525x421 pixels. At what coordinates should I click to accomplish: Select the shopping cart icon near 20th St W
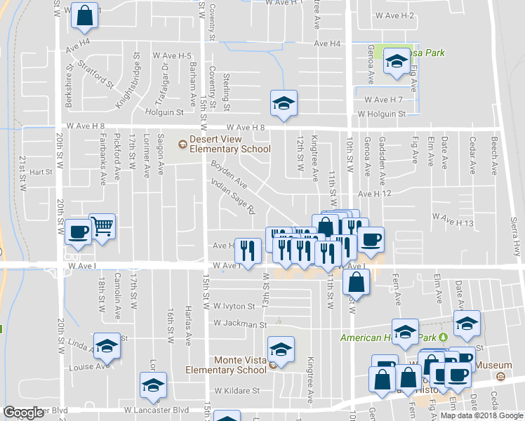coord(102,227)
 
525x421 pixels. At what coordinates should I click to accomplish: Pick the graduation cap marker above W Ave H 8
coord(284,104)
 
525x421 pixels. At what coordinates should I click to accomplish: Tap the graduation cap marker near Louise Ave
coord(107,346)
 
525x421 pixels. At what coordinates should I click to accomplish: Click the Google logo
coord(24,413)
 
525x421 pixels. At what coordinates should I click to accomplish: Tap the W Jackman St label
coord(241,325)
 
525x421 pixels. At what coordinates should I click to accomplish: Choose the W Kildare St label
coord(237,390)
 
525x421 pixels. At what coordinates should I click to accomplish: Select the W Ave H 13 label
coord(453,222)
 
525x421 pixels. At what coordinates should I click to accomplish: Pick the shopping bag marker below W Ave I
coord(357,282)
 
